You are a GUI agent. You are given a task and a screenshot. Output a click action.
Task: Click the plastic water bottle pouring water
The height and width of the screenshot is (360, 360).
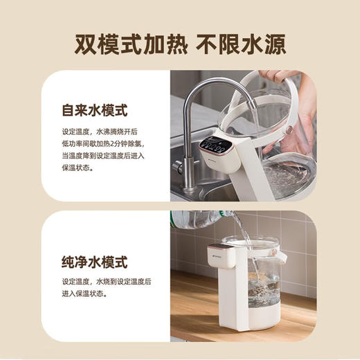(197, 219)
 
